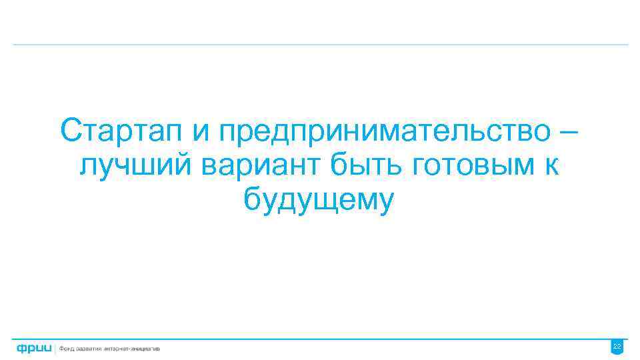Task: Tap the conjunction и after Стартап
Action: click(x=202, y=132)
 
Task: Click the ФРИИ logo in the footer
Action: click(x=33, y=348)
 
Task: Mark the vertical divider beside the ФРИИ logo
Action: click(x=56, y=348)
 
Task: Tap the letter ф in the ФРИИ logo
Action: click(x=22, y=348)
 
